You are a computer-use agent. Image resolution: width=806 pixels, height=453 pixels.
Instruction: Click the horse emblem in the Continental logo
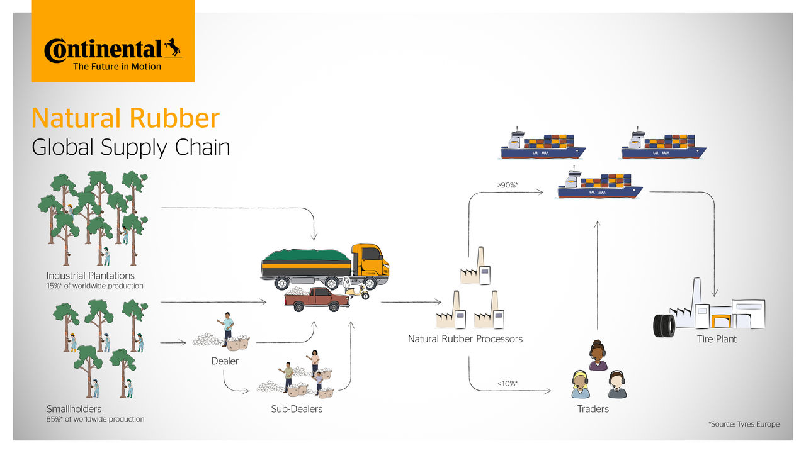click(x=173, y=48)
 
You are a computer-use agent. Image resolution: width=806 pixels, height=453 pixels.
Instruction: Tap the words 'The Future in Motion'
click(x=117, y=67)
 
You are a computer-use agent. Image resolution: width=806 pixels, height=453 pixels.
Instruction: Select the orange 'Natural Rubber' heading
click(x=125, y=118)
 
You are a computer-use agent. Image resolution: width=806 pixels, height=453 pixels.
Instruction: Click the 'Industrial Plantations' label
click(x=90, y=276)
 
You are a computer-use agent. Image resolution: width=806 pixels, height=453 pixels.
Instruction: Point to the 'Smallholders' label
click(x=74, y=409)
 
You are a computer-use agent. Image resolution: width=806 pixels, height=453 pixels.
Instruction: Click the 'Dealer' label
click(x=225, y=361)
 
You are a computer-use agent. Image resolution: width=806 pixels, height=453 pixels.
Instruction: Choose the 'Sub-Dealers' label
click(x=297, y=409)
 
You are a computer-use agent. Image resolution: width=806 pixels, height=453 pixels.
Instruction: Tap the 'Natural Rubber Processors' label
click(x=465, y=339)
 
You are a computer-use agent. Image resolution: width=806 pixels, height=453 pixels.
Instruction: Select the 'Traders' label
click(x=593, y=409)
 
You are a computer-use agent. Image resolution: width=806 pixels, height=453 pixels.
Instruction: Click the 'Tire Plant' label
click(x=717, y=339)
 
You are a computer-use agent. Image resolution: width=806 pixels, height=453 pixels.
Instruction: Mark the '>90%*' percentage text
click(x=507, y=186)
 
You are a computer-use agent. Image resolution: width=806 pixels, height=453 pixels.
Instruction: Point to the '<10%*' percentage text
click(x=508, y=383)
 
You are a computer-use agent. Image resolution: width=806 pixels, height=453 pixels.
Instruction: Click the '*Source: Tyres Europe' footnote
click(x=744, y=424)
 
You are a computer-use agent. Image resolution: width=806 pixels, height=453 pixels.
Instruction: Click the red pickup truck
click(x=317, y=299)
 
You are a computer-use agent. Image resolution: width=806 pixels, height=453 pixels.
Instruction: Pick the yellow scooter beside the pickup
click(x=357, y=292)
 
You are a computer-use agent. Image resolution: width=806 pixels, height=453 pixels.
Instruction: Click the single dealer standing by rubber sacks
click(x=227, y=329)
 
